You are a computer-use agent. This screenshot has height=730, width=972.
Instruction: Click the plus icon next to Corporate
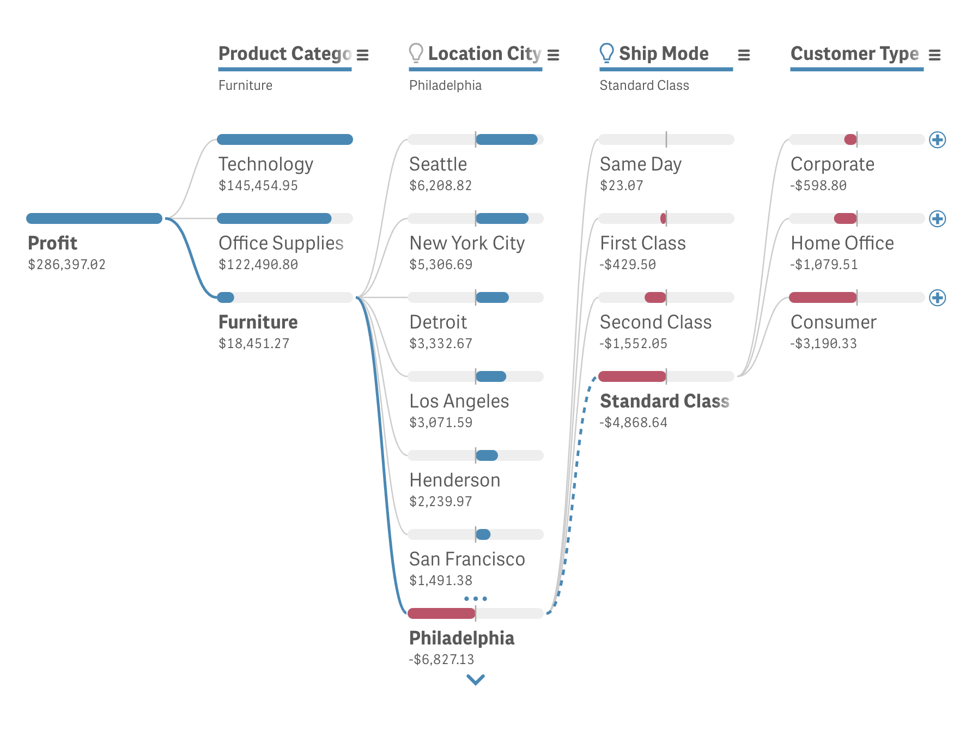(937, 139)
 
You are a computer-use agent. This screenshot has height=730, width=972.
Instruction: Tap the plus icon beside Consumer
(937, 297)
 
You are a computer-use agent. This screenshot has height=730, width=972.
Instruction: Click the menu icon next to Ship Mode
(744, 55)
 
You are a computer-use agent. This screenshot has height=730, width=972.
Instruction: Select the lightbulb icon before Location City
(416, 53)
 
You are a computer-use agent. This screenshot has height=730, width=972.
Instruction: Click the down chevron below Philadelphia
(475, 679)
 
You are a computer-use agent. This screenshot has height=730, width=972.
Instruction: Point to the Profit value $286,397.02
(66, 265)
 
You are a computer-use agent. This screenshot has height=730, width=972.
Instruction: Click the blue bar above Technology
(284, 139)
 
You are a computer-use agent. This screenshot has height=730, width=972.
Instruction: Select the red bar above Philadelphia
(441, 613)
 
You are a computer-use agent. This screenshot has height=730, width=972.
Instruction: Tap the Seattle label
(438, 164)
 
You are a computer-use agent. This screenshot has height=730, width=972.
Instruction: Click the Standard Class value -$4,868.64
(633, 423)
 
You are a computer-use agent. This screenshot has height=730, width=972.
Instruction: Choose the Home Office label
(842, 243)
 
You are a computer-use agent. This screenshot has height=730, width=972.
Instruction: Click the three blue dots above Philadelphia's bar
(475, 599)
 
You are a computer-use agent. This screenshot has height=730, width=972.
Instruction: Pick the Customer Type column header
(854, 53)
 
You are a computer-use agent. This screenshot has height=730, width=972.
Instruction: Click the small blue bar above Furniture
(226, 297)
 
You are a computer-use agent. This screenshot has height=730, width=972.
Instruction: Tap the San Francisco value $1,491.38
(440, 581)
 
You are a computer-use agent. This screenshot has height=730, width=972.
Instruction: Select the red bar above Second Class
(655, 297)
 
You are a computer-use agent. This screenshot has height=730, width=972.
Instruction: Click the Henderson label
(454, 480)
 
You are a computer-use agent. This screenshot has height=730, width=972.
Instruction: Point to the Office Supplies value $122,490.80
(258, 265)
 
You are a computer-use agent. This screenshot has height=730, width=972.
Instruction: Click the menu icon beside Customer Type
(934, 55)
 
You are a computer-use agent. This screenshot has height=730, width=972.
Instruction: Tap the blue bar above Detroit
(493, 297)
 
